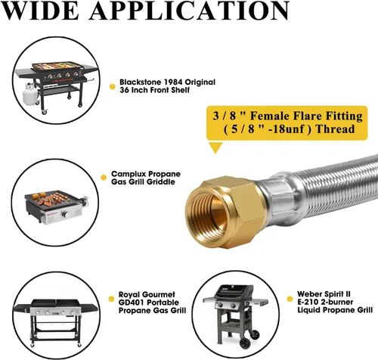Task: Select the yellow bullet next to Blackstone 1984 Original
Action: (x=113, y=87)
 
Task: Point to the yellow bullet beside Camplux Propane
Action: (x=104, y=178)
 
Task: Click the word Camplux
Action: (x=129, y=174)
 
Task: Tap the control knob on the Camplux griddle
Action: (x=66, y=215)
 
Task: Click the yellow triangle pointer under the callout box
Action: (x=215, y=147)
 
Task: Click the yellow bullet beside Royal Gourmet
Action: (x=111, y=299)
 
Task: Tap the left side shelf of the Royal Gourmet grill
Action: (x=22, y=309)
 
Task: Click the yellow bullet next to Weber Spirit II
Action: (x=290, y=299)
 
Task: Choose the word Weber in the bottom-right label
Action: (x=309, y=294)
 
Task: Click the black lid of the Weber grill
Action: (x=234, y=290)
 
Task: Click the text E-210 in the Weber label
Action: (x=307, y=302)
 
